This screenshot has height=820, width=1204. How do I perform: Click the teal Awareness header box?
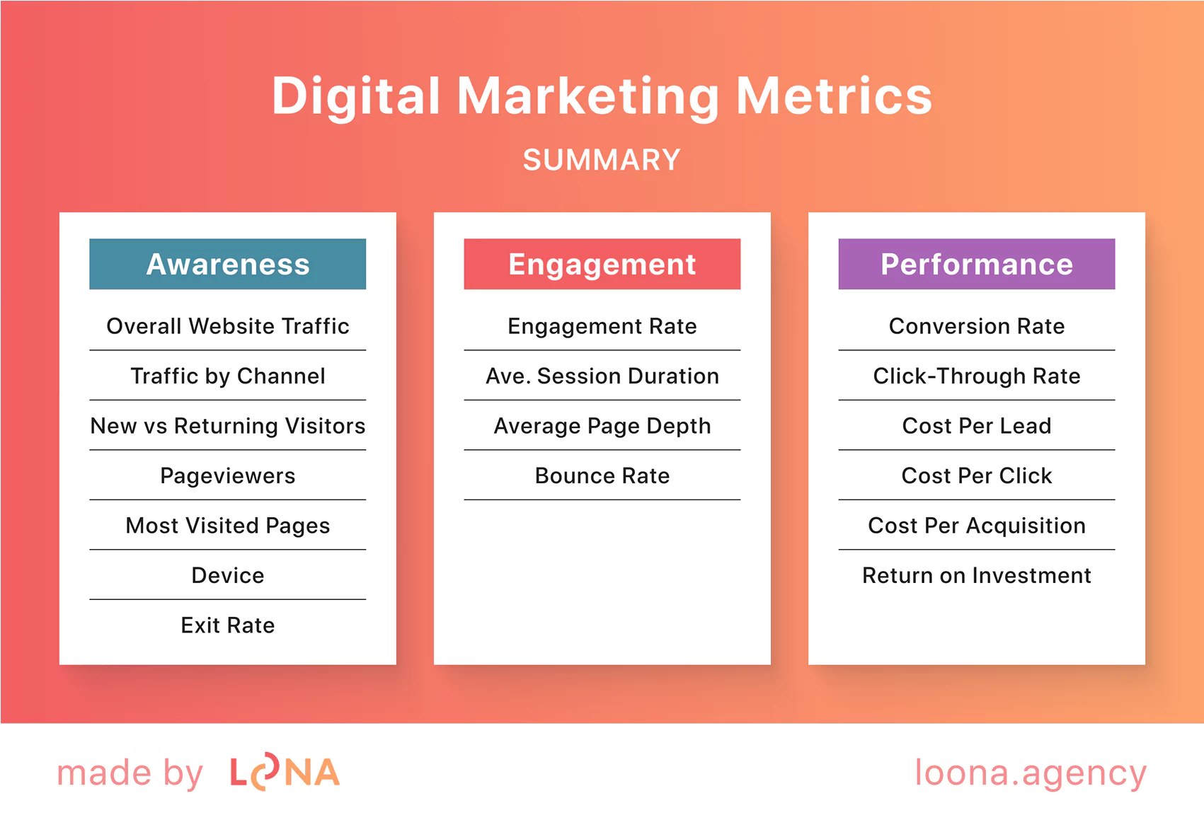click(227, 264)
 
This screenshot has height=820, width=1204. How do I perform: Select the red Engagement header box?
click(602, 264)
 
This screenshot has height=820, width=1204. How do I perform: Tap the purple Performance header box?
click(976, 264)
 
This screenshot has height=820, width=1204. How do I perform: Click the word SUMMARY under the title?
click(602, 160)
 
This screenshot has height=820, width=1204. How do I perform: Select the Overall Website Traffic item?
click(227, 326)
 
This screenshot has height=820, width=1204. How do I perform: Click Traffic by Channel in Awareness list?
click(227, 376)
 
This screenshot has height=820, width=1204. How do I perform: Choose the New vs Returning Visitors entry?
click(227, 426)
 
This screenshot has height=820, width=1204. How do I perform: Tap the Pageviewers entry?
click(227, 475)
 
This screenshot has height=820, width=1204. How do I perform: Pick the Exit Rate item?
click(227, 625)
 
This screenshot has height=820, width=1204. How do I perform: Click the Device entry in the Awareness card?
click(227, 575)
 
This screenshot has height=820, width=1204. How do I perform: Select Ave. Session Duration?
click(602, 376)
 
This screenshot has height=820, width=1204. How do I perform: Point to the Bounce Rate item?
click(602, 475)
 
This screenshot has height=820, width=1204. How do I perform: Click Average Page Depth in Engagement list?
click(602, 426)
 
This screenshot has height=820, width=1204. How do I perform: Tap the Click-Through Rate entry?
click(976, 376)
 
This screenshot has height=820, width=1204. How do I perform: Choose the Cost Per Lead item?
click(976, 426)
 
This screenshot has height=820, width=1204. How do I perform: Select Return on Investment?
click(976, 575)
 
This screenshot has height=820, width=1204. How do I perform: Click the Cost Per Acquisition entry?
click(976, 526)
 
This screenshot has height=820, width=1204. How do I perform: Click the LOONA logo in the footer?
click(285, 773)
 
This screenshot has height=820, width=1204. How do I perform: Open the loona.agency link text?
click(1030, 773)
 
